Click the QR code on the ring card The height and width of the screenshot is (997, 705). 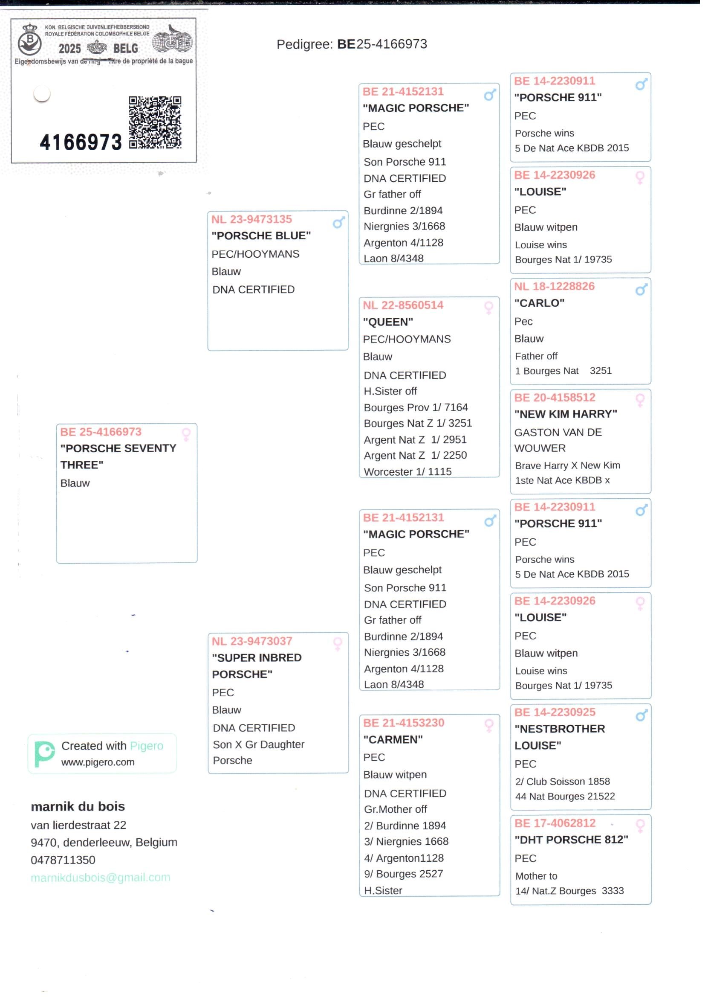click(x=155, y=122)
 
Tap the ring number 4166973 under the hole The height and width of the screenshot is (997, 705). click(x=81, y=142)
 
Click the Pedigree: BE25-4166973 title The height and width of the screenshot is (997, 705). click(x=352, y=44)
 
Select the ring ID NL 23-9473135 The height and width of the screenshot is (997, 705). click(x=251, y=219)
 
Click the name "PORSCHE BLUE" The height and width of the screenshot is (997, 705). click(x=261, y=236)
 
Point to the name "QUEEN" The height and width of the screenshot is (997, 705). click(x=387, y=322)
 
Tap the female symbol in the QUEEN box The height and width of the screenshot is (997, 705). click(x=488, y=308)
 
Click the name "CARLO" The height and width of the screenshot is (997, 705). click(x=539, y=303)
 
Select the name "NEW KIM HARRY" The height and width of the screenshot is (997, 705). click(x=565, y=414)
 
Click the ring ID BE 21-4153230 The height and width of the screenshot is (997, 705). click(x=403, y=723)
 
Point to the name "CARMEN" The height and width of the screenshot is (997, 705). click(x=393, y=739)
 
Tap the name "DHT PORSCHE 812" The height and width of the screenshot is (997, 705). click(x=571, y=840)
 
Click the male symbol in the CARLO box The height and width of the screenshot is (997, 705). click(x=641, y=289)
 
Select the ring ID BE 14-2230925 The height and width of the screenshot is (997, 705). click(x=555, y=712)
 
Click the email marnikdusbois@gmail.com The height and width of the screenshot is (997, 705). click(x=100, y=878)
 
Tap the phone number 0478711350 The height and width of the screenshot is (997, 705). click(x=63, y=860)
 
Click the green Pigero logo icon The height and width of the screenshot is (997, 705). click(x=44, y=754)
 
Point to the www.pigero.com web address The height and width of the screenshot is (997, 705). click(x=98, y=762)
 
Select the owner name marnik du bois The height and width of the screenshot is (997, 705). click(x=78, y=807)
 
